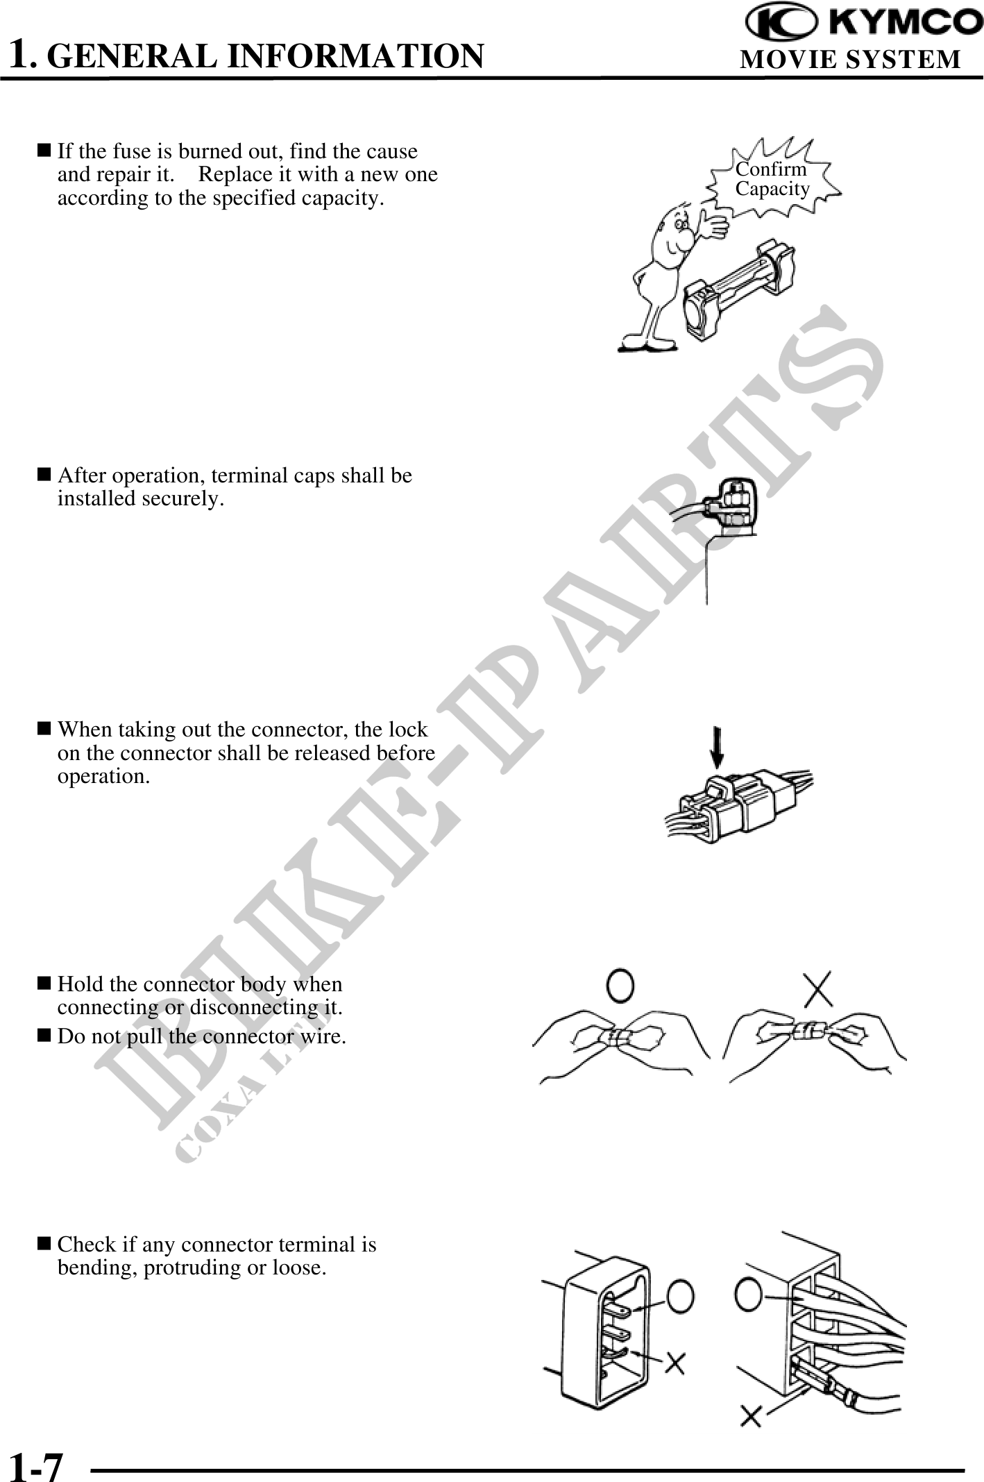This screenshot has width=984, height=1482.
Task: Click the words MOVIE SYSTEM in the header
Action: pyautogui.click(x=851, y=60)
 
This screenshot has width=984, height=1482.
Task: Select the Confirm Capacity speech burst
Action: pyautogui.click(x=773, y=179)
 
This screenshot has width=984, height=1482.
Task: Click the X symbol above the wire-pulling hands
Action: pyautogui.click(x=819, y=988)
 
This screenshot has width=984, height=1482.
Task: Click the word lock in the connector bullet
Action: pyautogui.click(x=409, y=730)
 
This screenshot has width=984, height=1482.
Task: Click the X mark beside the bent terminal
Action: pyautogui.click(x=675, y=1364)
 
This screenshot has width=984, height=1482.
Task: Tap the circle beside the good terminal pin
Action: pyautogui.click(x=680, y=1296)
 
